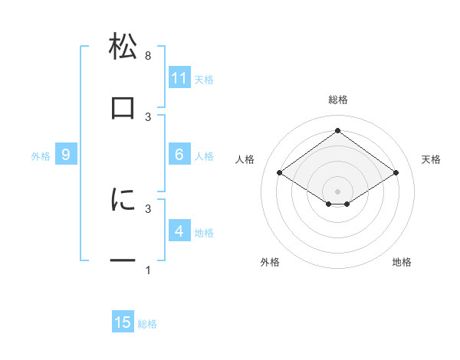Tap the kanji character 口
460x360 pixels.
tap(123, 108)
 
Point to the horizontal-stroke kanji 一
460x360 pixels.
tap(123, 261)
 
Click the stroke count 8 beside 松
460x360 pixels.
tap(148, 56)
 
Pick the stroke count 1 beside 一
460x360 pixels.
tap(148, 270)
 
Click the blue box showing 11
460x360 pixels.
tap(179, 78)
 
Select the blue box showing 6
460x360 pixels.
tap(179, 155)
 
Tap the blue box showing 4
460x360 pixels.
tap(179, 231)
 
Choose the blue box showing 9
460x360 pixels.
tap(67, 155)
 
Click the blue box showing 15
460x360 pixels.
tap(123, 322)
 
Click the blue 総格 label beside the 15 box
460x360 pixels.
tap(147, 324)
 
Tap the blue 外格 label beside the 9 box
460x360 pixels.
tap(41, 156)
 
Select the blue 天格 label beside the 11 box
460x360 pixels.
tap(204, 80)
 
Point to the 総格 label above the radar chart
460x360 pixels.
tap(338, 100)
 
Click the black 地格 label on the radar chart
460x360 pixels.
tap(402, 263)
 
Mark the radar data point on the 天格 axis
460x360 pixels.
tap(396, 173)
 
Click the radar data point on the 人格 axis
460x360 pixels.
tap(280, 173)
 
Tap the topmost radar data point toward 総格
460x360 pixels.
tap(337, 130)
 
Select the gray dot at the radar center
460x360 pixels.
tap(337, 191)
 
